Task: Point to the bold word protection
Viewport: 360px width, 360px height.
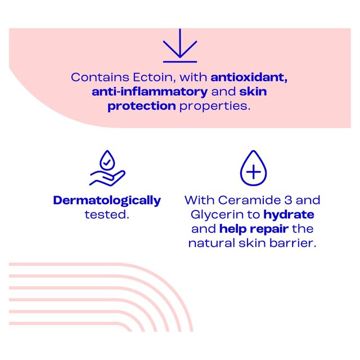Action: click(142, 106)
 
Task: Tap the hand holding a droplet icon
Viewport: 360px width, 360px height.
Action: click(107, 169)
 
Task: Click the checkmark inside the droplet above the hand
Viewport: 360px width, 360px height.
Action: click(107, 161)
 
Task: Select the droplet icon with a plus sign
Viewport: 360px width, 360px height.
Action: click(253, 168)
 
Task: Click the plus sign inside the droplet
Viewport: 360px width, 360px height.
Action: click(253, 172)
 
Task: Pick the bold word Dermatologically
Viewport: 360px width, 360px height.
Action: click(107, 200)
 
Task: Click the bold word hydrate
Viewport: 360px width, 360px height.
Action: click(289, 214)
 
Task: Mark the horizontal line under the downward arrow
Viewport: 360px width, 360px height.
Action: click(180, 61)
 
